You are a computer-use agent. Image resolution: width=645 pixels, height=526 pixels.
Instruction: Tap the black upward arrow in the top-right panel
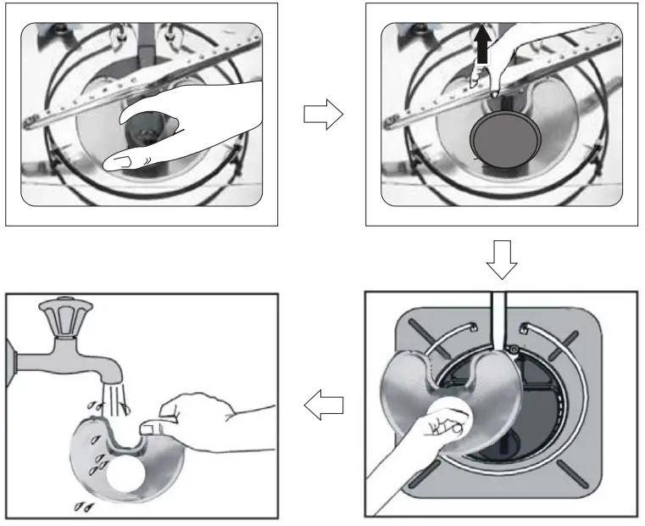click(x=482, y=52)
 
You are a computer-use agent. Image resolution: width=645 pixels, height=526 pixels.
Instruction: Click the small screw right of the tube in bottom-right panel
click(x=513, y=349)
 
